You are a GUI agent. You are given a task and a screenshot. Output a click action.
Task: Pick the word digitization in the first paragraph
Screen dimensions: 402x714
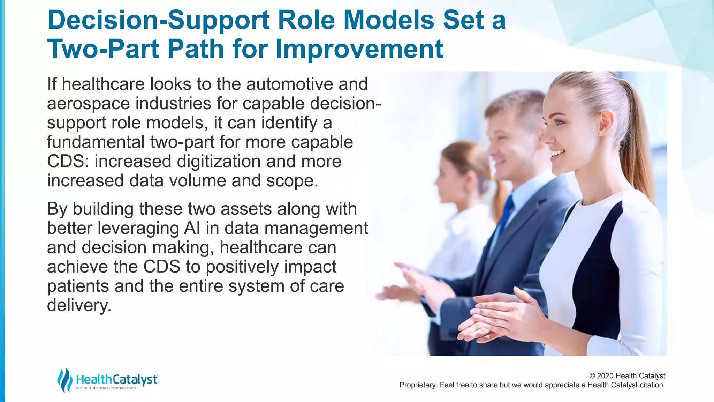click(x=219, y=162)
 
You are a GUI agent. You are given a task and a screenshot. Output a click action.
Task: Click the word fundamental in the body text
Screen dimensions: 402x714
click(x=96, y=142)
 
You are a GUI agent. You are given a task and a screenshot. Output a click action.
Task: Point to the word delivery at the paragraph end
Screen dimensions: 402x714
click(x=79, y=306)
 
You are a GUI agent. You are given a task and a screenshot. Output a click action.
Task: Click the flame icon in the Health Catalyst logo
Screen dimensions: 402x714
click(x=64, y=380)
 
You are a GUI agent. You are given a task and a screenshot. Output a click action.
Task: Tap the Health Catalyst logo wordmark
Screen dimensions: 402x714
click(x=116, y=379)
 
